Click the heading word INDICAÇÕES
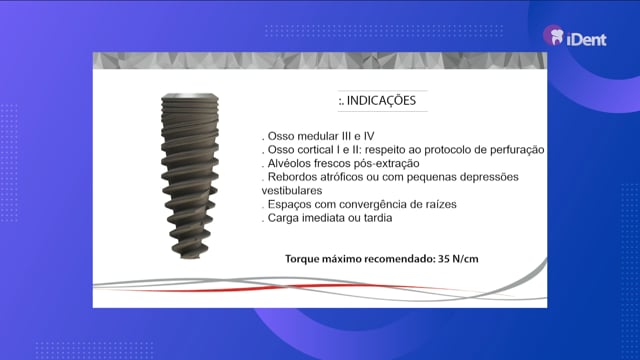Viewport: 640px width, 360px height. (x=381, y=100)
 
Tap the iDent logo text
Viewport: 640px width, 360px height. (x=587, y=40)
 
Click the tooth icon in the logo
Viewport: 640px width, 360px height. (x=557, y=37)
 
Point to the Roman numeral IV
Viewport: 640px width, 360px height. (x=369, y=136)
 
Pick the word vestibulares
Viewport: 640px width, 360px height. (x=292, y=191)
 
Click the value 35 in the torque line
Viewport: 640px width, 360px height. (x=444, y=259)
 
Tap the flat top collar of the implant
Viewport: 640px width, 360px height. (x=190, y=96)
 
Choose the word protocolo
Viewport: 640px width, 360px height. (x=451, y=150)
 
